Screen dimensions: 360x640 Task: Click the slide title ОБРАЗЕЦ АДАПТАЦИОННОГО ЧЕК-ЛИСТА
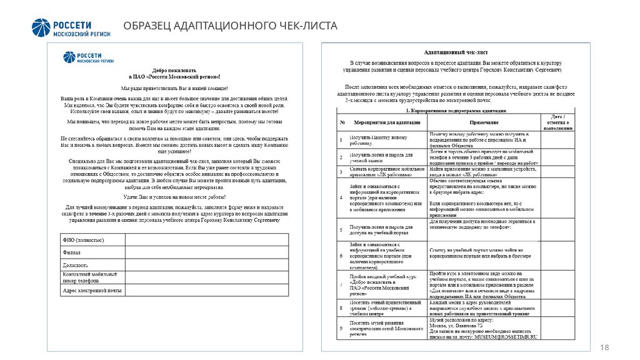[x=230, y=26]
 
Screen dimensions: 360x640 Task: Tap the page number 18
[x=604, y=347]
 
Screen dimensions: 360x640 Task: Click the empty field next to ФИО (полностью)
[x=206, y=240]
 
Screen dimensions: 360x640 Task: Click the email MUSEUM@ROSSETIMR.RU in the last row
[x=504, y=338]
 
